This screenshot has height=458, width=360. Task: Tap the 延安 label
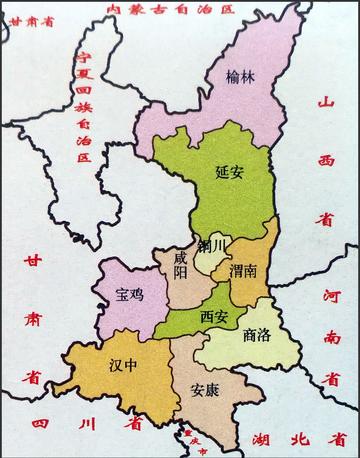tap(229, 171)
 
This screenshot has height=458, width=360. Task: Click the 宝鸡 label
tap(131, 295)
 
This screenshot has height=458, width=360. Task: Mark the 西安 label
tap(214, 317)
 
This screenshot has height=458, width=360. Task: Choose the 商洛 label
tap(257, 337)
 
